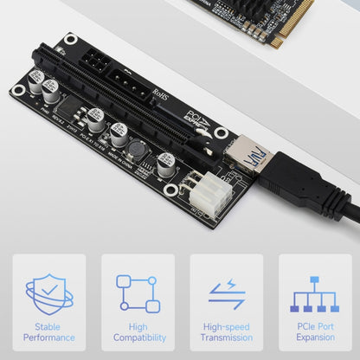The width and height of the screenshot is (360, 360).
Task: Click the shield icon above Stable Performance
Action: click(x=49, y=294)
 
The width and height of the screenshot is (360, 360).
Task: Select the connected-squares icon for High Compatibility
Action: click(x=138, y=294)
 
